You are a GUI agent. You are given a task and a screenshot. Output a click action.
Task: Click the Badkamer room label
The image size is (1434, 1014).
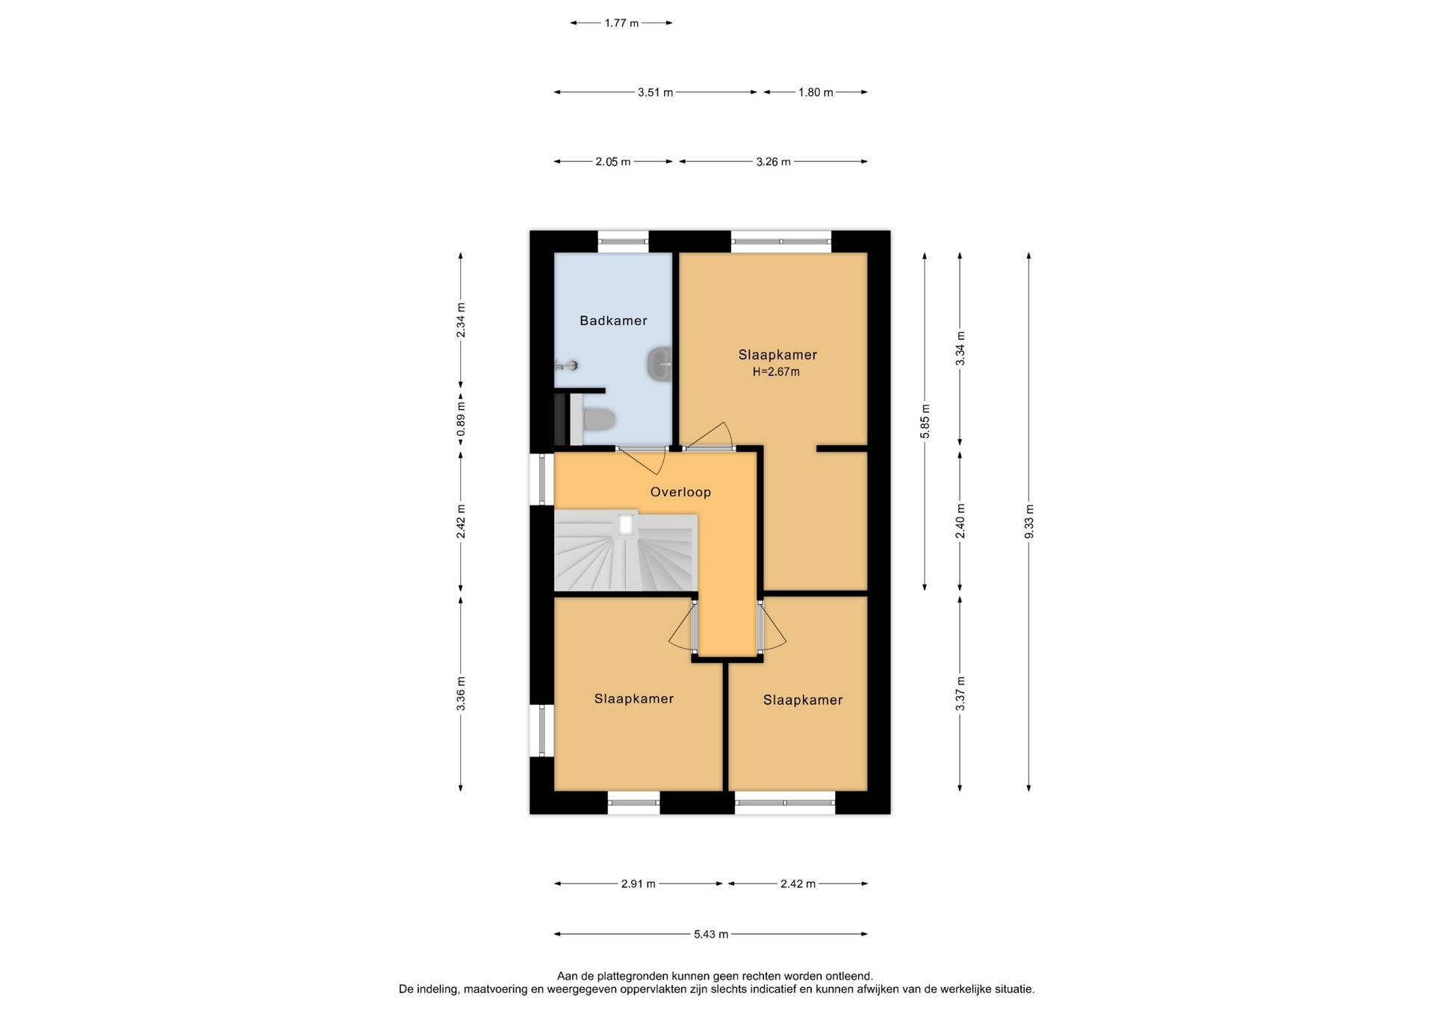pyautogui.click(x=613, y=320)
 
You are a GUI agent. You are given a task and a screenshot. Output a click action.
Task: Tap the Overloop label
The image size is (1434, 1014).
pyautogui.click(x=680, y=492)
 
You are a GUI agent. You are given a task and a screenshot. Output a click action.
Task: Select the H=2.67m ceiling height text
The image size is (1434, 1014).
pyautogui.click(x=776, y=372)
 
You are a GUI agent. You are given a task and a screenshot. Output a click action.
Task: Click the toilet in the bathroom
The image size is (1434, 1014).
pyautogui.click(x=598, y=419)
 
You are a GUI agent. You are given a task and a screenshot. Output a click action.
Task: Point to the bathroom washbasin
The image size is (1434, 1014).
pyautogui.click(x=659, y=364)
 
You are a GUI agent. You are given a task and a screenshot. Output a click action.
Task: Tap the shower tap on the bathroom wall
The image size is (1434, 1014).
pyautogui.click(x=566, y=365)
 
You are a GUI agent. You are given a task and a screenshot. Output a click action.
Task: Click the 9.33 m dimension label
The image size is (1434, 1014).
pyautogui.click(x=1028, y=521)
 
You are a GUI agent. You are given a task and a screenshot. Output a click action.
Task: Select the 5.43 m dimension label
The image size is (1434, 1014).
pyautogui.click(x=710, y=934)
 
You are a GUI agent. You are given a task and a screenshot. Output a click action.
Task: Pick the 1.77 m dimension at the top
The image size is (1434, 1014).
pyautogui.click(x=621, y=23)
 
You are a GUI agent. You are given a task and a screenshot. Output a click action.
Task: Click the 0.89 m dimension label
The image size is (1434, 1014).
pyautogui.click(x=461, y=420)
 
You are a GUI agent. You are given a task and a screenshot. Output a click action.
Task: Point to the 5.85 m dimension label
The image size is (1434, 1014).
pyautogui.click(x=925, y=422)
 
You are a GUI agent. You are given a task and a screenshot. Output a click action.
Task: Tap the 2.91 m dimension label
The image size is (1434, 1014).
pyautogui.click(x=638, y=884)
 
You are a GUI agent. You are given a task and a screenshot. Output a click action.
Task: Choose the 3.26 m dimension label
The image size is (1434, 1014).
pyautogui.click(x=773, y=161)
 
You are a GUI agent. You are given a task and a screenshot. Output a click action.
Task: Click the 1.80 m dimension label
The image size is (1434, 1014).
pyautogui.click(x=816, y=93)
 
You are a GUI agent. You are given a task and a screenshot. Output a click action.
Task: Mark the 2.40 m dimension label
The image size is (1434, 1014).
pyautogui.click(x=960, y=521)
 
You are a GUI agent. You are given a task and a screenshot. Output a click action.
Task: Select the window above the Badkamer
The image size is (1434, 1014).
pyautogui.click(x=623, y=241)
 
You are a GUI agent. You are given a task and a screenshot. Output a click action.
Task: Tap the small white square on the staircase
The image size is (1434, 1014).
pyautogui.click(x=626, y=526)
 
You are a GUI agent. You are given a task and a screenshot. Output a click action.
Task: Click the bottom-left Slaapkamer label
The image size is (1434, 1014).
pyautogui.click(x=633, y=699)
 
